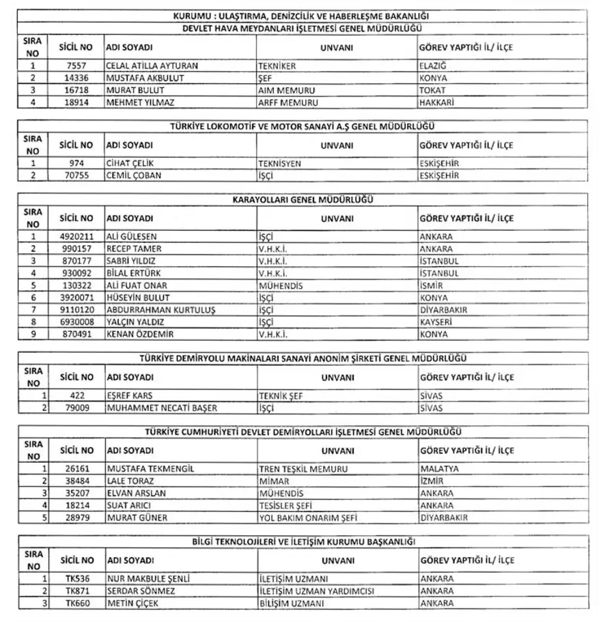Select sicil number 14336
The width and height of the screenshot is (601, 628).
(x=76, y=78)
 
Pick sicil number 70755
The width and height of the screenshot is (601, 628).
(x=76, y=175)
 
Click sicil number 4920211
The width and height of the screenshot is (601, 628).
(x=76, y=237)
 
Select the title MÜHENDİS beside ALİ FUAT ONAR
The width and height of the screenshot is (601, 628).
(x=281, y=285)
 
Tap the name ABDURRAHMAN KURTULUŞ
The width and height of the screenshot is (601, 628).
(x=161, y=310)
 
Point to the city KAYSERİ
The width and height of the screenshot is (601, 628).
(x=436, y=322)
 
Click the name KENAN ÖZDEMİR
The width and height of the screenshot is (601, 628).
(x=140, y=334)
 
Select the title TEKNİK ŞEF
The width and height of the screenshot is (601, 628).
(x=281, y=396)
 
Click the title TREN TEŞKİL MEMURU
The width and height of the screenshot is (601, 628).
(x=303, y=469)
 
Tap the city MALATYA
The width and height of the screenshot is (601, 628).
(x=439, y=469)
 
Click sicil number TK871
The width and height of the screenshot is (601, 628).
(x=76, y=591)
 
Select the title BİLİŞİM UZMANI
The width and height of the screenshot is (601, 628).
(x=292, y=603)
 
